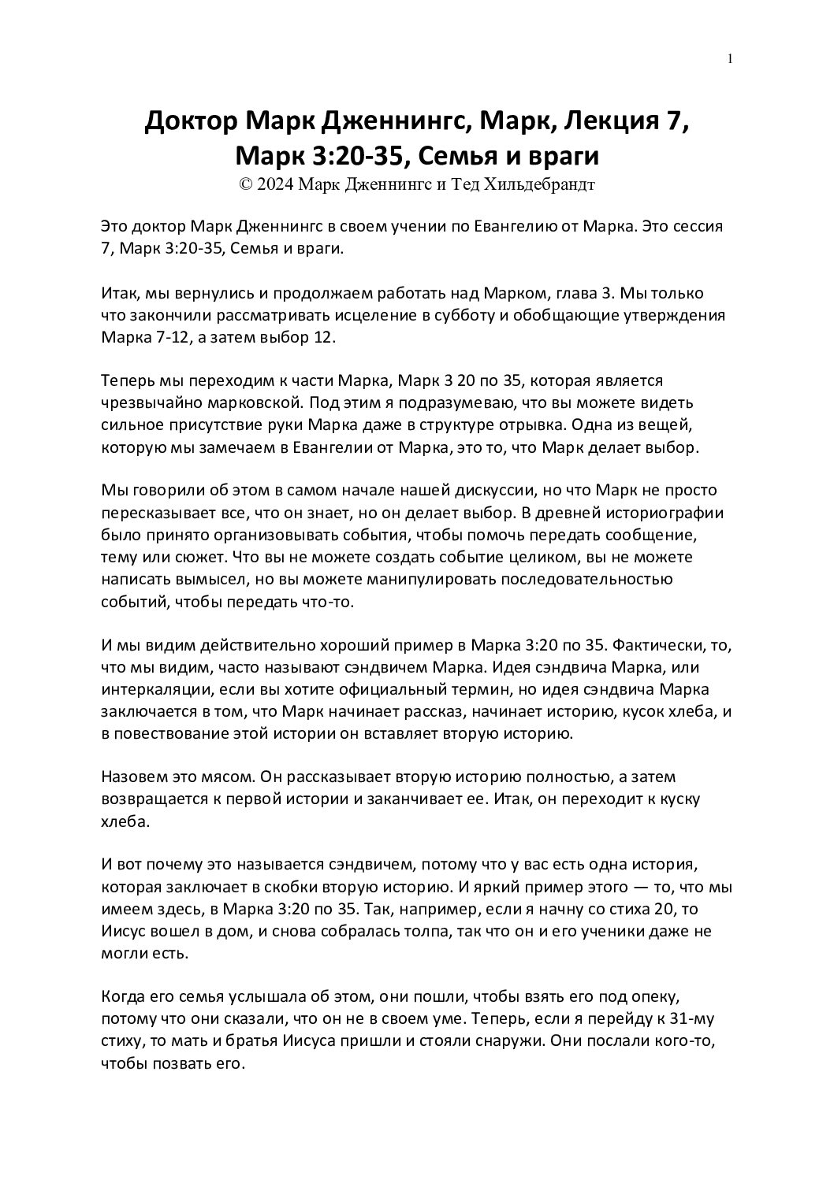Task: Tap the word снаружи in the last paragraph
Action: coord(503,1040)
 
